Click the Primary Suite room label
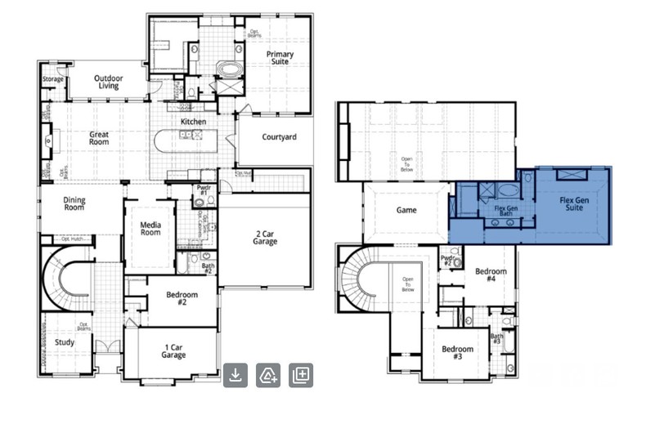click(x=280, y=58)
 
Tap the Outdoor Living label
click(x=108, y=81)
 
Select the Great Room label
click(x=99, y=139)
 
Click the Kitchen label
click(x=193, y=122)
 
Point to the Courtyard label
click(x=279, y=137)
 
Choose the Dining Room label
click(x=74, y=204)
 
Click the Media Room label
click(x=150, y=227)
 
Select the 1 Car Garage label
click(x=173, y=351)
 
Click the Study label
click(x=65, y=342)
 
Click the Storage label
click(x=53, y=79)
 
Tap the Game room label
click(x=406, y=210)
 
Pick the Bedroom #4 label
click(x=491, y=275)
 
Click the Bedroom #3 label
click(x=457, y=353)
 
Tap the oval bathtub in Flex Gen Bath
click(x=508, y=192)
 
